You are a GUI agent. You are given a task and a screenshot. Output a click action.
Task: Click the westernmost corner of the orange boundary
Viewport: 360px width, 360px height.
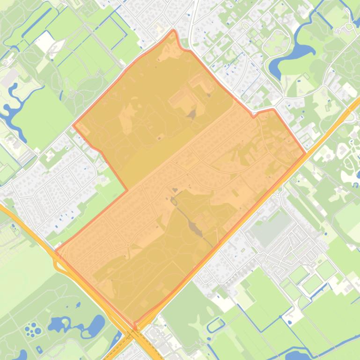[56, 252]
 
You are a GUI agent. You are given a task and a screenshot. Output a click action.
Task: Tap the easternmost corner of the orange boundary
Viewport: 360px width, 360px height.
[306, 153]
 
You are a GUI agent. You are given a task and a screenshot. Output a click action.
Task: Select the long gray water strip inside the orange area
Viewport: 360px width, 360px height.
[194, 227]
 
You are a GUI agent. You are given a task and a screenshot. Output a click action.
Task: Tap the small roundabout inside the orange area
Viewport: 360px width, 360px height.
[127, 245]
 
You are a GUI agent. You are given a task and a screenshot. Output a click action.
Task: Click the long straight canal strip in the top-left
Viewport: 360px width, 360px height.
[36, 24]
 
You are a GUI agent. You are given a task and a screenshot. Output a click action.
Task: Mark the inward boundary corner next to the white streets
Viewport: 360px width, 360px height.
[127, 190]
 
